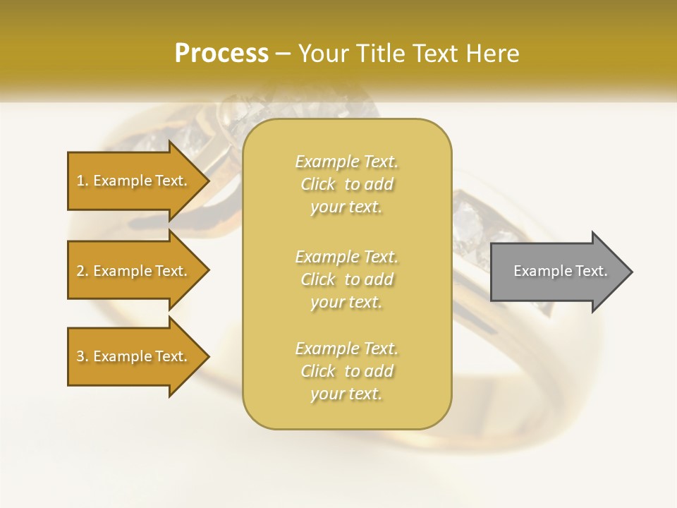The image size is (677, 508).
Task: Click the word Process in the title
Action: [x=221, y=54]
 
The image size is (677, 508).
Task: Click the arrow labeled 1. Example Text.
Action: [x=134, y=181]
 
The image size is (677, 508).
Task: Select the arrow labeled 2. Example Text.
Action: [x=134, y=271]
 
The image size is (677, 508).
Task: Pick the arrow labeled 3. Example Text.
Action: [x=134, y=356]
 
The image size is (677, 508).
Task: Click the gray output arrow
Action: [x=557, y=271]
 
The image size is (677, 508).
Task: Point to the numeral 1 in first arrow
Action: [x=80, y=181]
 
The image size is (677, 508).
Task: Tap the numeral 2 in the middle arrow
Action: [x=80, y=271]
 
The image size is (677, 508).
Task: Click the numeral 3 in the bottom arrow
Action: [x=80, y=356]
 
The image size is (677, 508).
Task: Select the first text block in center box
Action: [x=347, y=184]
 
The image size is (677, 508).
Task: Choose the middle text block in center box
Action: [x=347, y=279]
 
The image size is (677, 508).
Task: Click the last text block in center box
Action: [x=347, y=371]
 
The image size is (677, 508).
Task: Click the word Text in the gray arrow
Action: [x=590, y=271]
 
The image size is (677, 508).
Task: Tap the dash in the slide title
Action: [x=283, y=54]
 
